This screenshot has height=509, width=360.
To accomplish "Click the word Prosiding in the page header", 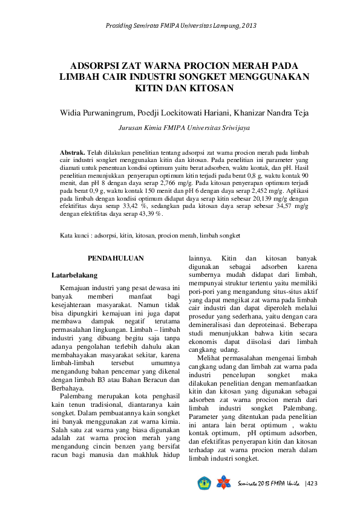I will pos(120,25).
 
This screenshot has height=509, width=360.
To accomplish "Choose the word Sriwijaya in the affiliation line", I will pos(235,128).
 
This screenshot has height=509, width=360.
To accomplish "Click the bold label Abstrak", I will pos(73,152).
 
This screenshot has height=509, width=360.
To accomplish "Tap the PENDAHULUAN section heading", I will pos(116,258).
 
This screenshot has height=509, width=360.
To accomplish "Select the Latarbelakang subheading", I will pos(74,275).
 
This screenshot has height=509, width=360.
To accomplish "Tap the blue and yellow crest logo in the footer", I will pos(203,484).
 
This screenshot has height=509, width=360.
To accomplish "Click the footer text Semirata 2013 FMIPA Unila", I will pos(269,484).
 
